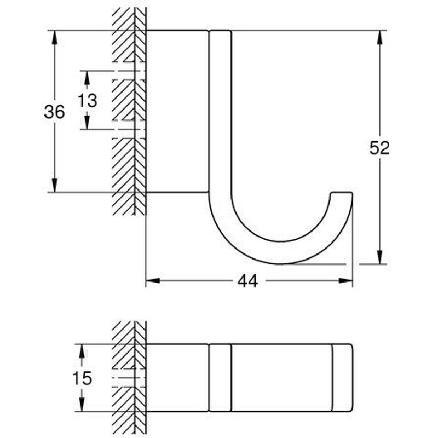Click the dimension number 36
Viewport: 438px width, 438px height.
pos(54,112)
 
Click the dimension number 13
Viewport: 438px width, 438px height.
pos(87,101)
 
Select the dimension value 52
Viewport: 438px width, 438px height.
pos(379,148)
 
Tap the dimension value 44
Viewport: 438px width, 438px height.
pos(247,281)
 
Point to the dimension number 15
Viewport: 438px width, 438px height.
pos(82,378)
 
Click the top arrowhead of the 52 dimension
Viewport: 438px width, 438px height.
pos(379,36)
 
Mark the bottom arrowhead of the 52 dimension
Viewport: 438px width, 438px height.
pos(379,257)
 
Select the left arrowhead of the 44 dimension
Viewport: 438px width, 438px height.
pos(153,281)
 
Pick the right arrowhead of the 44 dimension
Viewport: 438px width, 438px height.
pos(345,281)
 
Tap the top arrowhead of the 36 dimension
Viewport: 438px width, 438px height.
pos(54,36)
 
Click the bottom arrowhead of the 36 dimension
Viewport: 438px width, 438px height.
pos(54,186)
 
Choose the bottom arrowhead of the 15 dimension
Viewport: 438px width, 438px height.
pos(82,405)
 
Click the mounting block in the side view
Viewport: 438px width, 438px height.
pos(177,109)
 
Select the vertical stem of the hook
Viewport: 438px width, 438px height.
pos(221,109)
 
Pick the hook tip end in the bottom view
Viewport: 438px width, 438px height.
pos(342,378)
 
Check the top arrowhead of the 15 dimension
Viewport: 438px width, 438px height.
pos(82,350)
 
